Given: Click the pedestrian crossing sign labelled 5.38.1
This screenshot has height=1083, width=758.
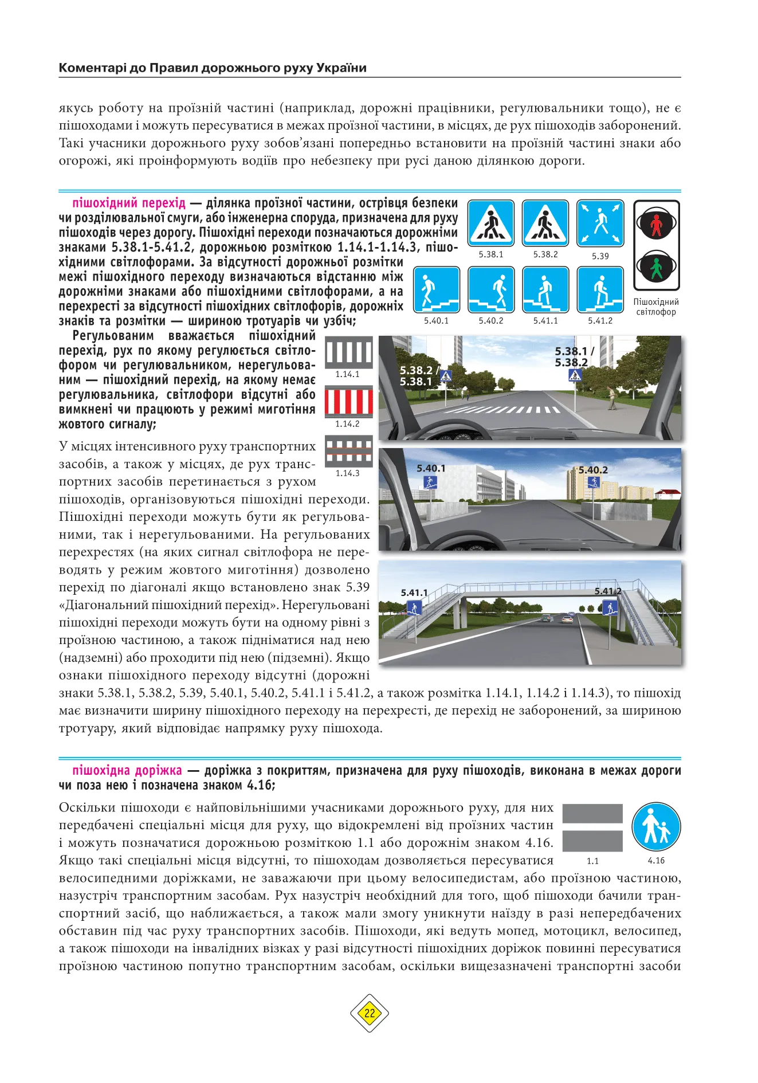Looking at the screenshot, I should (491, 223).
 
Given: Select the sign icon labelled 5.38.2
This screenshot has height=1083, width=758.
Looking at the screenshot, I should (545, 223).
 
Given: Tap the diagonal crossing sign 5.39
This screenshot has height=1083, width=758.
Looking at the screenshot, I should (600, 223).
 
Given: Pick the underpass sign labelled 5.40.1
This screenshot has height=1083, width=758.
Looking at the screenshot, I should (437, 289).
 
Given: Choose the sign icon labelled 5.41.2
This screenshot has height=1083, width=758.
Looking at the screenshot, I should (600, 289).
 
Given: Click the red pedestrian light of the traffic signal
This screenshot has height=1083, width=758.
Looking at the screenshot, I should (657, 223).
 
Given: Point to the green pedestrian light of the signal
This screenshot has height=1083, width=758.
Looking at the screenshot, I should (657, 266).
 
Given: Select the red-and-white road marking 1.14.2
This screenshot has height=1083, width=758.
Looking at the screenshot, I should (348, 401).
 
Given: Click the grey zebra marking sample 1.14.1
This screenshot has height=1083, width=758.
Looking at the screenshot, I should (348, 351).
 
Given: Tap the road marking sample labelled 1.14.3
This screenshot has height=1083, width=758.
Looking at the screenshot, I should (348, 451).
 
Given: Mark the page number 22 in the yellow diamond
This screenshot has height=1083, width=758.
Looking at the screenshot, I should (370, 1013).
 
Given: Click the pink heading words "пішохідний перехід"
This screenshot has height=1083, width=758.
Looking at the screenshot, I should (129, 203).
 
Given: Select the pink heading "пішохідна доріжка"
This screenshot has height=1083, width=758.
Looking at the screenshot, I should (127, 771).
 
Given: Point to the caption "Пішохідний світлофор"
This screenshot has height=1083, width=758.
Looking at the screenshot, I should (656, 307).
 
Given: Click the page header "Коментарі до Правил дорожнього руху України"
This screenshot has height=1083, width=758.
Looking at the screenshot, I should (213, 68).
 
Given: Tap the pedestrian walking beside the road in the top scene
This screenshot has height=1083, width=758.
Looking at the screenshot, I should (612, 397).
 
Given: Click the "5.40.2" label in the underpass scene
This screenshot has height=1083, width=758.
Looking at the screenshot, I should (593, 470).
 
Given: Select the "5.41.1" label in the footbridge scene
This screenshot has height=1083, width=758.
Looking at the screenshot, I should (414, 592).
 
